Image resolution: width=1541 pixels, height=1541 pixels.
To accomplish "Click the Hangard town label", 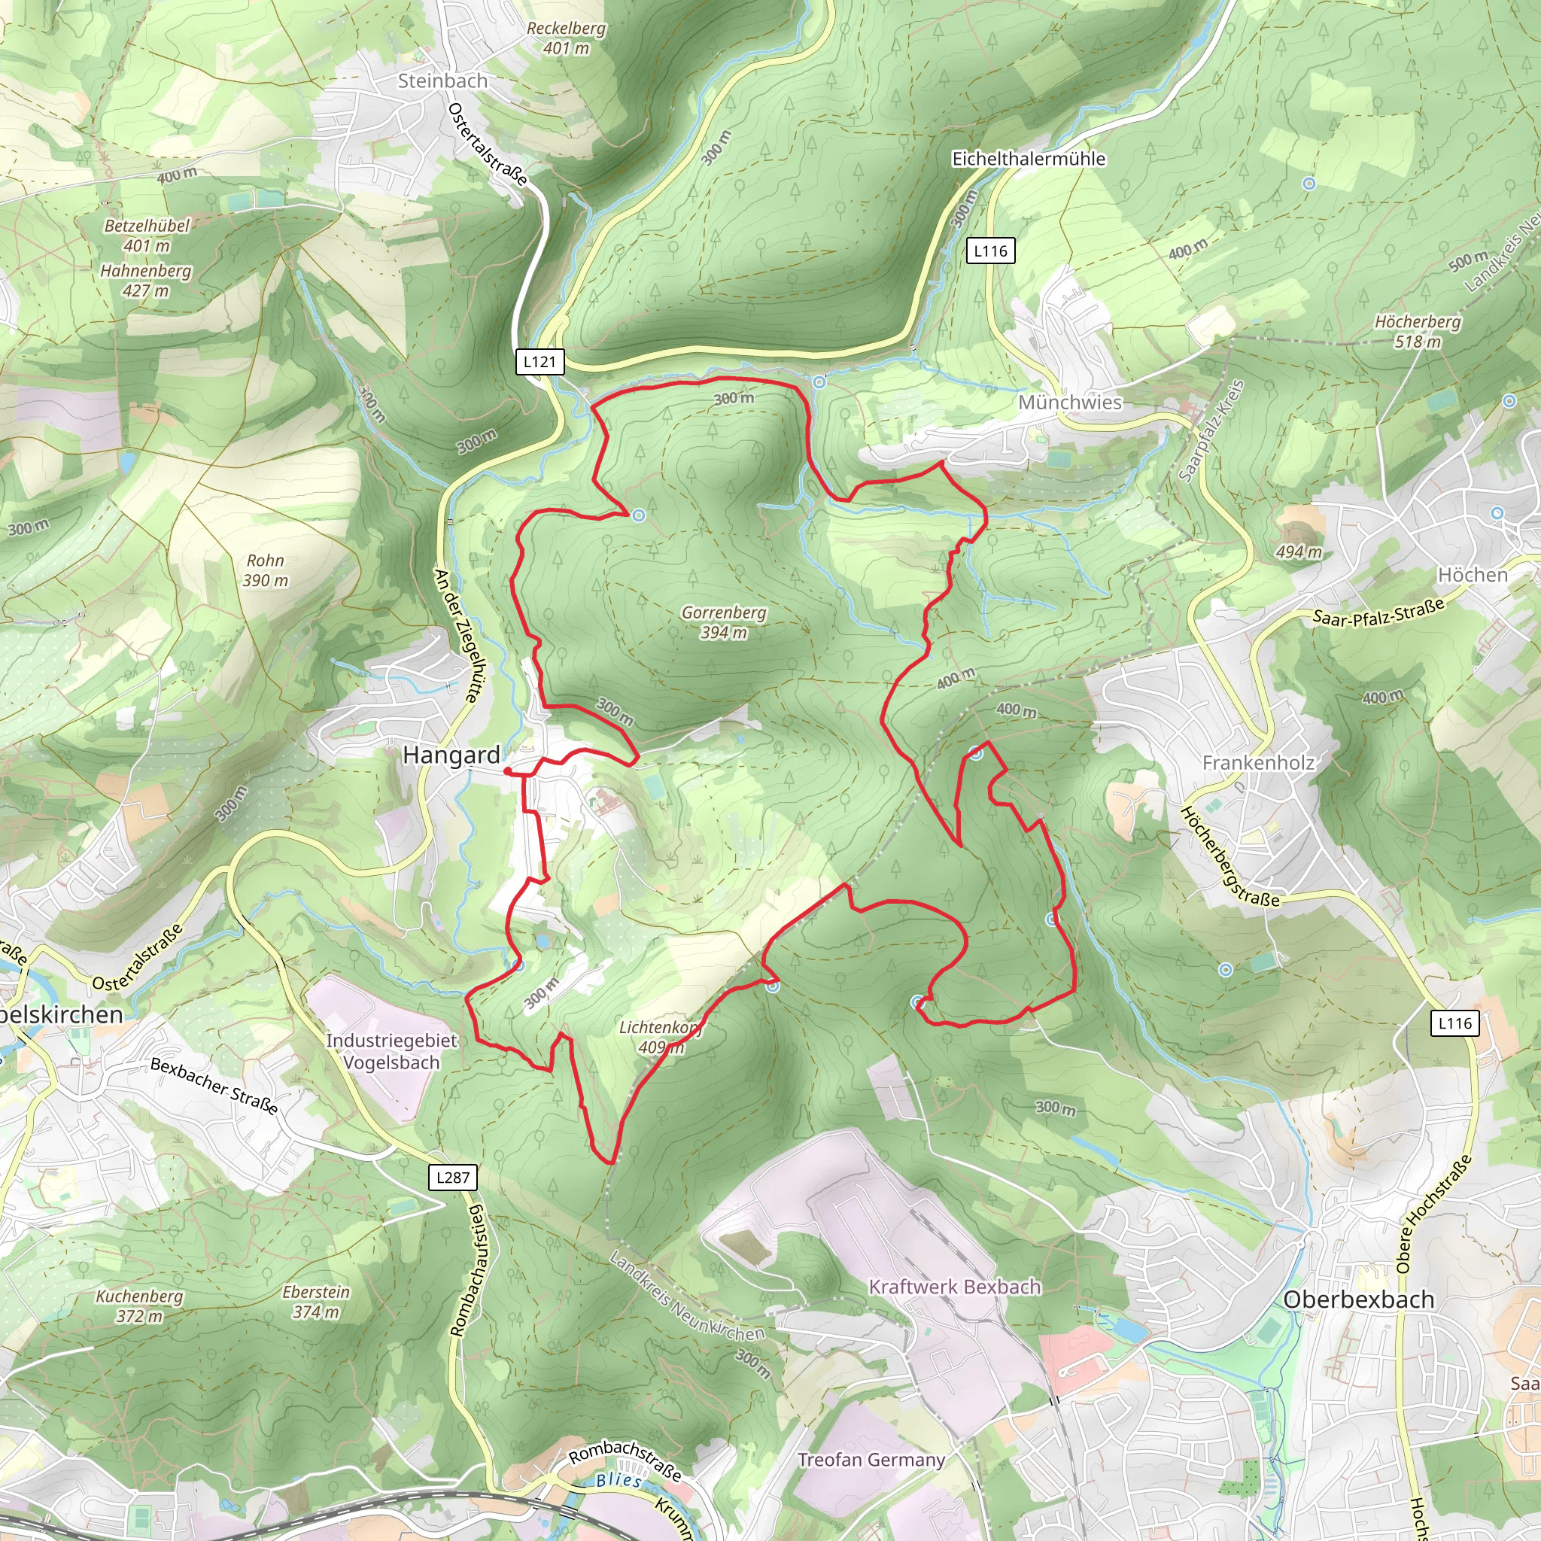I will coord(451,755).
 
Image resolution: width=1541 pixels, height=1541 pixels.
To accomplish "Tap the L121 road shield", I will coord(540,361).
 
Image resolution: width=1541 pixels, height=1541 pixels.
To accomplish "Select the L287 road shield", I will coord(452,1177).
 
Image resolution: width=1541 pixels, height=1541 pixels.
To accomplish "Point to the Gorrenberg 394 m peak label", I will coord(723,622).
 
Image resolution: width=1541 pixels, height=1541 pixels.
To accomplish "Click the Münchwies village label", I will coord(1070,402).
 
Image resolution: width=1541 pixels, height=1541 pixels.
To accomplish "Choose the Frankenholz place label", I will coord(1258,762).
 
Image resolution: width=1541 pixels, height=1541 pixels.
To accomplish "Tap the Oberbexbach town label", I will coord(1358,1299).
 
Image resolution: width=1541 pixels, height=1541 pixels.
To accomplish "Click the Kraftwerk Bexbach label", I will coord(955,1287).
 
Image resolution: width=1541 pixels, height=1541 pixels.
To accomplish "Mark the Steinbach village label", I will coord(442,81).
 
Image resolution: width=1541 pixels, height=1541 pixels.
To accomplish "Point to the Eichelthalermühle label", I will coord(1029,159).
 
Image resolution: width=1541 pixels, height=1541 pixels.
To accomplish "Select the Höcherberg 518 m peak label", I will coord(1418,331).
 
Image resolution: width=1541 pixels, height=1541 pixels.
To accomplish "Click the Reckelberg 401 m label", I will coord(567,38).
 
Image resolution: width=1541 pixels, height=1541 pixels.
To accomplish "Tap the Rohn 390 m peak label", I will coord(265,570).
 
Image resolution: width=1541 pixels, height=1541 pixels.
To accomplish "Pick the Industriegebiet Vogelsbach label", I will coord(391,1051).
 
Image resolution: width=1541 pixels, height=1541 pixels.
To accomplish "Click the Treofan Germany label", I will coord(871,1460).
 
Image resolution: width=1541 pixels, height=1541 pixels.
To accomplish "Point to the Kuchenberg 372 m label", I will coord(140,1305).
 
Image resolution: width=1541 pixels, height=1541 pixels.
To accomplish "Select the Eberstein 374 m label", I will coord(316,1302).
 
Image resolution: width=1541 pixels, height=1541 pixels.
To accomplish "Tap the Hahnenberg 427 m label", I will coord(146,280).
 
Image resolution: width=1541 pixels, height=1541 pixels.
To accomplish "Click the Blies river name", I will coord(619,1480).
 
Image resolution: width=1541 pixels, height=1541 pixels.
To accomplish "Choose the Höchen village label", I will coord(1473,574).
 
